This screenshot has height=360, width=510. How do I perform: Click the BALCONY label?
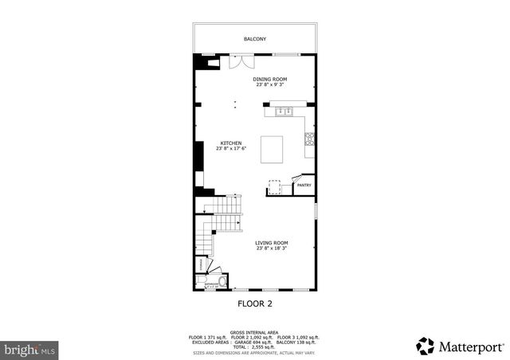click(255, 39)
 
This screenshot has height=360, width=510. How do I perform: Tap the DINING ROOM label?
click(270, 79)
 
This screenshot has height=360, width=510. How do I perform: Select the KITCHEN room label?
click(231, 143)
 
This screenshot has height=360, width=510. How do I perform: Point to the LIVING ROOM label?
click(272, 243)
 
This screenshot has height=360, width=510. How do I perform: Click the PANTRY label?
click(304, 186)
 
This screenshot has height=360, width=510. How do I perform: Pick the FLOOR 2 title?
click(256, 303)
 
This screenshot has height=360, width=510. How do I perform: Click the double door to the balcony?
click(238, 62)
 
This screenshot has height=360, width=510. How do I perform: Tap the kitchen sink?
click(284, 111)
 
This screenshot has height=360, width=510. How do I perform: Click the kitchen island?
click(273, 149)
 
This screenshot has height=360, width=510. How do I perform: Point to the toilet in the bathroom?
click(222, 280)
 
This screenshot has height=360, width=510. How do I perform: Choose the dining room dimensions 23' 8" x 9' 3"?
click(270, 84)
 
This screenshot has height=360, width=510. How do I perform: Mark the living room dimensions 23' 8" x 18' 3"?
click(272, 248)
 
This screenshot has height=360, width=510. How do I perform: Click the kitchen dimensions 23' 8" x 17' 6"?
click(231, 149)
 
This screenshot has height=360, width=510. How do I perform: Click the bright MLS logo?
click(30, 349)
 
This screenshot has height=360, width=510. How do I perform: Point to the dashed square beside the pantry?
click(275, 186)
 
